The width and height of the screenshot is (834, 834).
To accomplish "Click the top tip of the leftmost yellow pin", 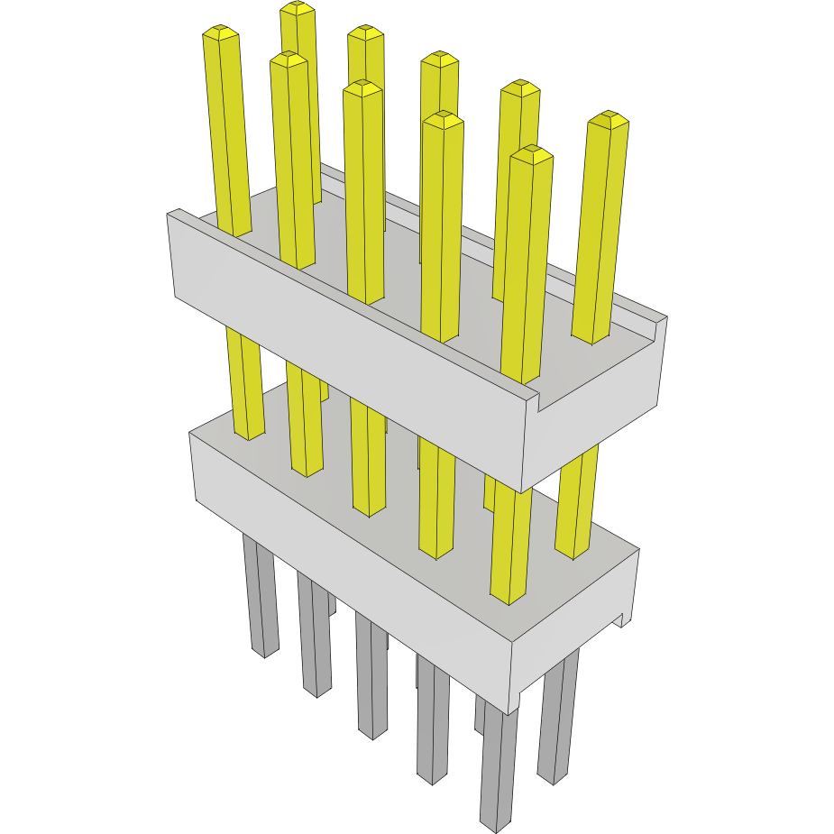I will pos(221,33).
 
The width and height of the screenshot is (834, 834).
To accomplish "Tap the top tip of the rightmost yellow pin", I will pos(608,118).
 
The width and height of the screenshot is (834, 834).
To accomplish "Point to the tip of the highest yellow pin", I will pos(297,8).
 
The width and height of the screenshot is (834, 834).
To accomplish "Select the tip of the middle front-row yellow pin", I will pos(362,87).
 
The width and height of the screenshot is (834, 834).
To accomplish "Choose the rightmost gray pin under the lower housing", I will pos(557,721).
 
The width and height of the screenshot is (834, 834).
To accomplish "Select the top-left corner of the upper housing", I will pos(171,215).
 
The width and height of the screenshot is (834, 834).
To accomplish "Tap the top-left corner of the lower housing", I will pos(192,435).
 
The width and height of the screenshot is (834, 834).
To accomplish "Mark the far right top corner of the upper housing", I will pos(665,317).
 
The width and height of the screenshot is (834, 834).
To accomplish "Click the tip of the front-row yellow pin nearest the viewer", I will pos(531,152).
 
